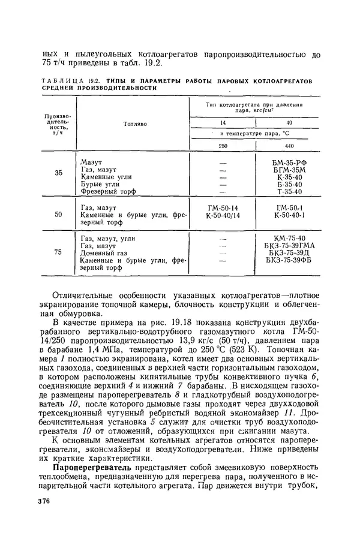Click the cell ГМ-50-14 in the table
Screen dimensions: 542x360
click(223, 207)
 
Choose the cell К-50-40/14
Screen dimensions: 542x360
click(223, 214)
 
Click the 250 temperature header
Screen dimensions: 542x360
click(223, 146)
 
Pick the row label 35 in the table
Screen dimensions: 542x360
click(58, 174)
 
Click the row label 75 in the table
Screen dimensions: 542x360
click(58, 252)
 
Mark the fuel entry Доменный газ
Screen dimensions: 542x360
click(103, 253)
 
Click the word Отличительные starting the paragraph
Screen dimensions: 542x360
click(86, 296)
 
